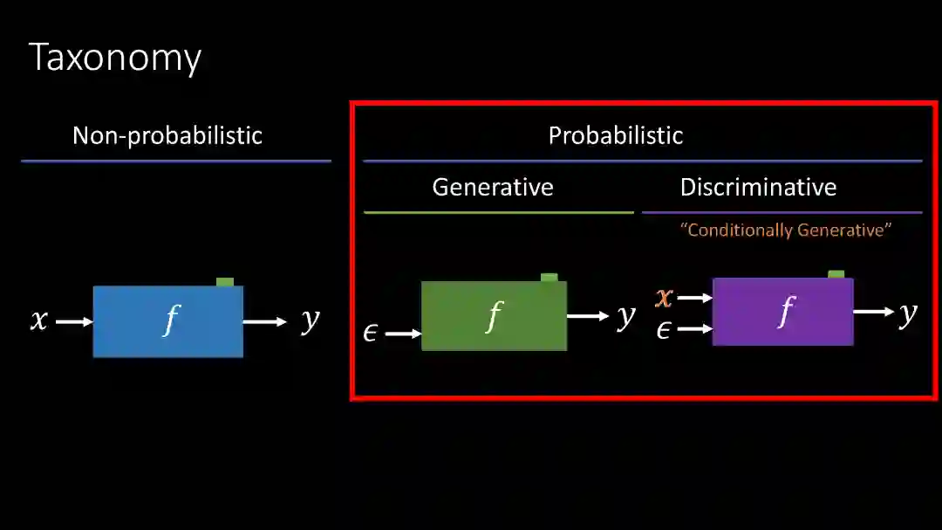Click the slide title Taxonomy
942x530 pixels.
(x=115, y=58)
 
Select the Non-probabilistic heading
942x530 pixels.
(x=167, y=135)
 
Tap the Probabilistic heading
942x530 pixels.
(x=615, y=135)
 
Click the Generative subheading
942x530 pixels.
(x=493, y=187)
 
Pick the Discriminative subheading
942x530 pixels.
(x=758, y=187)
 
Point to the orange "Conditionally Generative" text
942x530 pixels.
(x=786, y=231)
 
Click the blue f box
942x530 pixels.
(x=168, y=321)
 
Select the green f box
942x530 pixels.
(x=494, y=316)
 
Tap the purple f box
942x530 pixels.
(x=782, y=312)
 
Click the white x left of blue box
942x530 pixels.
(x=39, y=320)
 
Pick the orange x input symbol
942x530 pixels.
(x=664, y=298)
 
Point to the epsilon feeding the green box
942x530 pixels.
(x=370, y=333)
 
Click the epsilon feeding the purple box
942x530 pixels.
(x=663, y=329)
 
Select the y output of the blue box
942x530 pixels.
(x=310, y=320)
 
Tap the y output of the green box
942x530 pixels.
(x=625, y=315)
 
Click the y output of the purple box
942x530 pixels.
(x=908, y=312)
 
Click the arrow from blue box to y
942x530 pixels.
(x=264, y=322)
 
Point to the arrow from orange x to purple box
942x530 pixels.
(x=694, y=298)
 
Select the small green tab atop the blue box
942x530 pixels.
(x=225, y=281)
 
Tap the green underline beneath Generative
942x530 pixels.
(x=498, y=212)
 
